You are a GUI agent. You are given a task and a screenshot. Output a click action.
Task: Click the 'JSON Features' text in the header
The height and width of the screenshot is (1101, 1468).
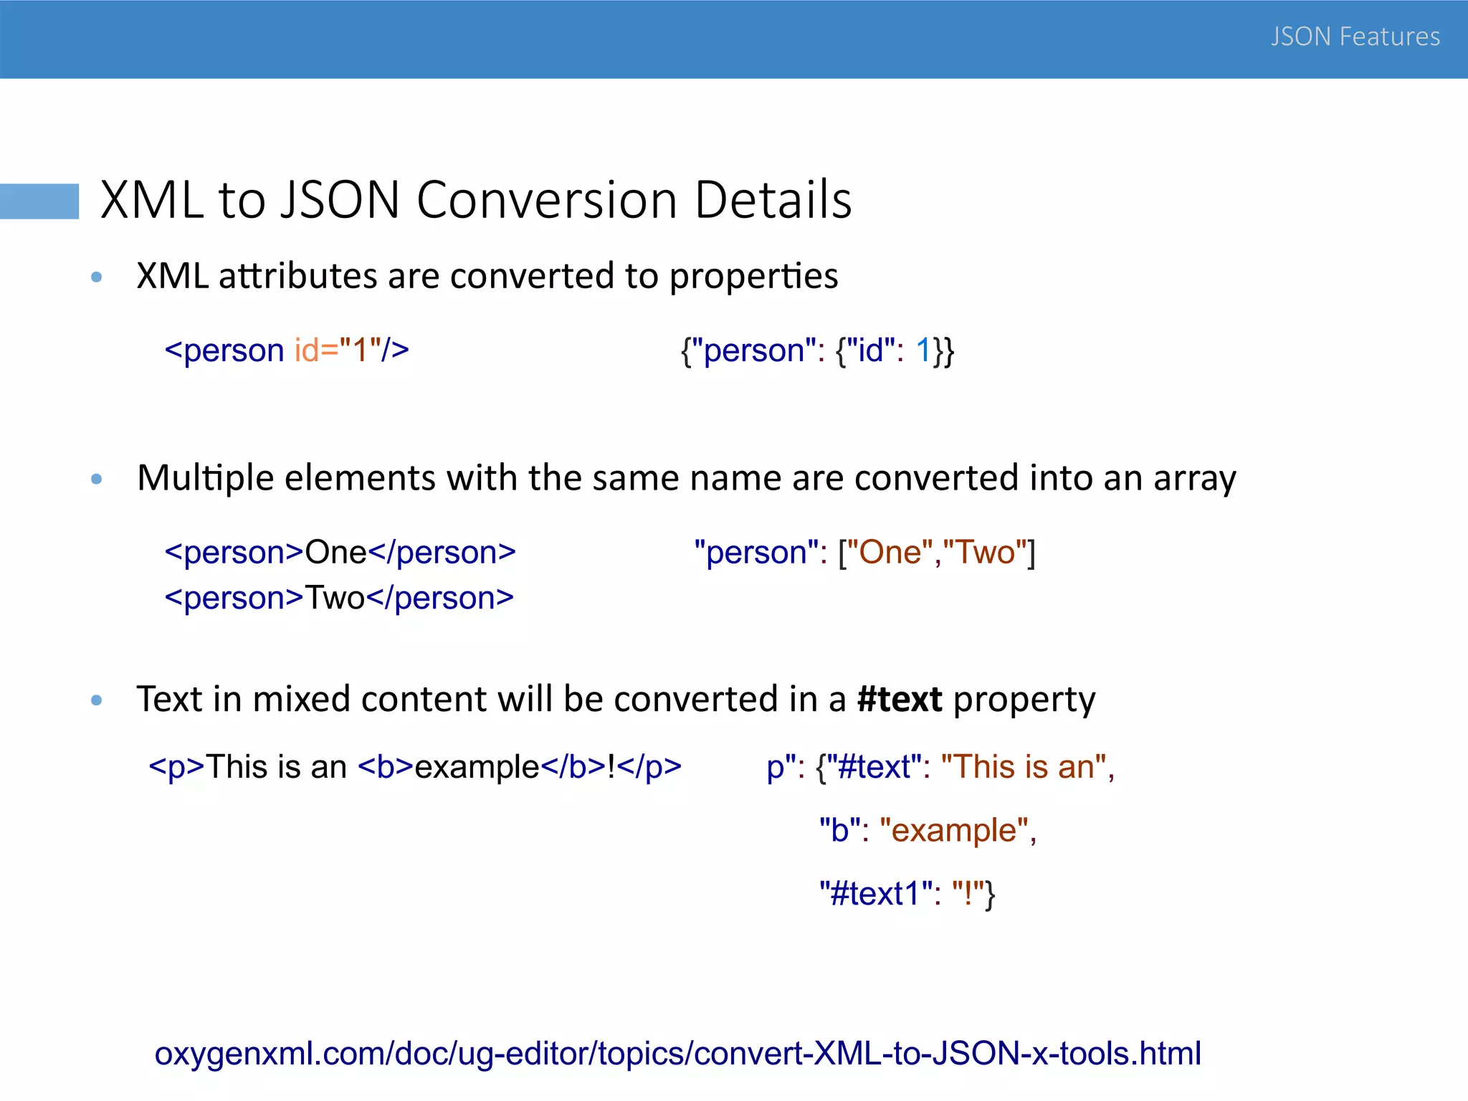pyautogui.click(x=1355, y=37)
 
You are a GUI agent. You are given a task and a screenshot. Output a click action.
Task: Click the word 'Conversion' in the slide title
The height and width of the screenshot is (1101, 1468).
pyautogui.click(x=547, y=200)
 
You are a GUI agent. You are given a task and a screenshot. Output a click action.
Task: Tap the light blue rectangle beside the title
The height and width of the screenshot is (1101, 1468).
pyautogui.click(x=39, y=201)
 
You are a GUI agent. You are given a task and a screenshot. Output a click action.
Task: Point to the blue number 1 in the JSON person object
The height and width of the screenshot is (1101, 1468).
pyautogui.click(x=923, y=351)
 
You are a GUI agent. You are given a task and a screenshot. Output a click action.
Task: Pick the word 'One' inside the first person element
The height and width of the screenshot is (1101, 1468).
pyautogui.click(x=335, y=553)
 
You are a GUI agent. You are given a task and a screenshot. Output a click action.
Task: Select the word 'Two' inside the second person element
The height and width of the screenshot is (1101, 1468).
pyautogui.click(x=335, y=598)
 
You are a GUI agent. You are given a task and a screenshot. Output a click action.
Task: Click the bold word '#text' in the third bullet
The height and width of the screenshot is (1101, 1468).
pyautogui.click(x=900, y=699)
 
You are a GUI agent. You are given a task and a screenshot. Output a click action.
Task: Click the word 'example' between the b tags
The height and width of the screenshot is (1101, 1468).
pyautogui.click(x=477, y=768)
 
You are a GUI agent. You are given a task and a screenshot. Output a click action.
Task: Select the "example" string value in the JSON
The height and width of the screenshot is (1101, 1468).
pyautogui.click(x=954, y=831)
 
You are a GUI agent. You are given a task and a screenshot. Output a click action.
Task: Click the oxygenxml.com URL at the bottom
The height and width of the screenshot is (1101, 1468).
pyautogui.click(x=677, y=1054)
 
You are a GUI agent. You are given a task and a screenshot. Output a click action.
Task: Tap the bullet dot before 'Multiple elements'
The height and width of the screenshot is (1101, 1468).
pyautogui.click(x=97, y=479)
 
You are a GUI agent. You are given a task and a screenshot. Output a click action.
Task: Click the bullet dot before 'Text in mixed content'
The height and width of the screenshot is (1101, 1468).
pyautogui.click(x=97, y=700)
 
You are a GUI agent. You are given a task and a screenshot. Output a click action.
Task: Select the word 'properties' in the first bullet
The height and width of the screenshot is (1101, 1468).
pyautogui.click(x=753, y=276)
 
